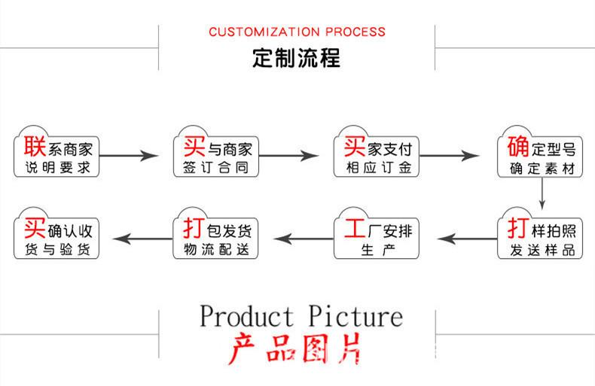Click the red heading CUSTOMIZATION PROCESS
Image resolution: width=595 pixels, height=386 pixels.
click(x=297, y=32)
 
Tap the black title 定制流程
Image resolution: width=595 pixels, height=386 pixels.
click(x=296, y=58)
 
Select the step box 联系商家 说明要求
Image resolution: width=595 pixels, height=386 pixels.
click(x=56, y=152)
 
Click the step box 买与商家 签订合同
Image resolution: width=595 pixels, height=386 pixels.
click(x=216, y=152)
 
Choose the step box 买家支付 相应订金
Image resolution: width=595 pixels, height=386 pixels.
click(x=377, y=152)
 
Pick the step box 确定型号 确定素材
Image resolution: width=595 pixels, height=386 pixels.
click(x=540, y=152)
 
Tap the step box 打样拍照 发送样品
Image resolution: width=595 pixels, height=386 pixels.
click(x=540, y=233)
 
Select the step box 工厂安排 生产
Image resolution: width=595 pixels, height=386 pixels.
click(x=377, y=233)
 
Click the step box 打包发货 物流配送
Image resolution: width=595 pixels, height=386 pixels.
click(x=215, y=233)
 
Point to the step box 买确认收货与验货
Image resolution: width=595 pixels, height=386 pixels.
click(x=56, y=233)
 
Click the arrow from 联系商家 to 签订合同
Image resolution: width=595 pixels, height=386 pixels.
click(x=129, y=156)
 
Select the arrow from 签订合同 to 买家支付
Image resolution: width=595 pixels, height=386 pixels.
click(x=288, y=156)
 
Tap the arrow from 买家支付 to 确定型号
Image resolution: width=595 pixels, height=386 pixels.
click(x=450, y=156)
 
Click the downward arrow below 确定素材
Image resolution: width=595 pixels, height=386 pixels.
click(x=542, y=193)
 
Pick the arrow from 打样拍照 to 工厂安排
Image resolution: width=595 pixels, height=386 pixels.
click(x=467, y=239)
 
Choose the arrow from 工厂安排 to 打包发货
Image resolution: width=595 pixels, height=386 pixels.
click(x=304, y=239)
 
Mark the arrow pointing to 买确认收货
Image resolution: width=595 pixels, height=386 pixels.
click(x=142, y=239)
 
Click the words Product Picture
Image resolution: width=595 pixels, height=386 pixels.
click(x=301, y=316)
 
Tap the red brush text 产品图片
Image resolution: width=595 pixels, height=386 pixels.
click(x=294, y=349)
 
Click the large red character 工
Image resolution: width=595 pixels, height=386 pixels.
click(x=355, y=228)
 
